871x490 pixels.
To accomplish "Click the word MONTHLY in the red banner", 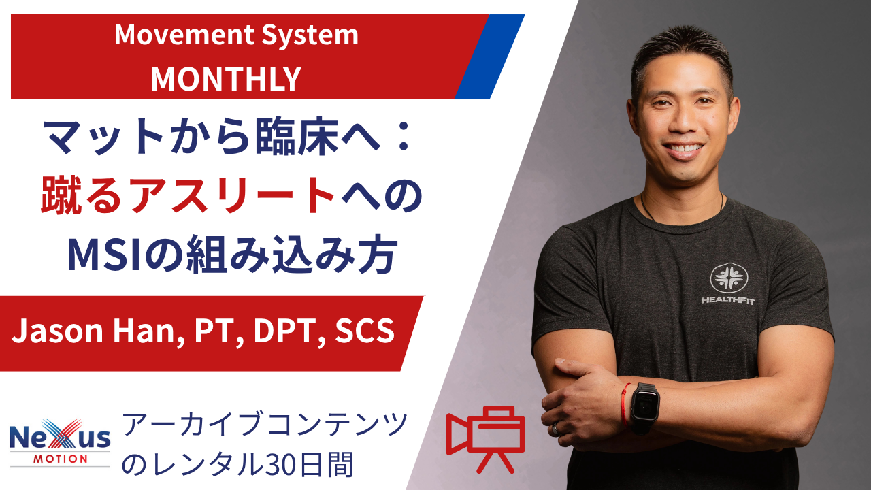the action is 226,79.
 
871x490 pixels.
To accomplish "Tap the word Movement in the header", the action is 184,35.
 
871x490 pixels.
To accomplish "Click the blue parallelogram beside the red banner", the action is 490,56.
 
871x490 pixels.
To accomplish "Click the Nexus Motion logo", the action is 60,442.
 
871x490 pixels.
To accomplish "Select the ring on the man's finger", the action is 556,429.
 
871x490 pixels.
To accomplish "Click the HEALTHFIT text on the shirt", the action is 728,300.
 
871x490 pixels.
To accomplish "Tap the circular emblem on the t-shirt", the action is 729,278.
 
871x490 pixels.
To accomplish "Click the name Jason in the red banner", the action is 57,331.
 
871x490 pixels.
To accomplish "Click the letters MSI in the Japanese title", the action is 104,255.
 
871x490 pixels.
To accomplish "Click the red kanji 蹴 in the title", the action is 61,195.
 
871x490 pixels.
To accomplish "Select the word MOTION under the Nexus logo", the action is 61,459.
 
